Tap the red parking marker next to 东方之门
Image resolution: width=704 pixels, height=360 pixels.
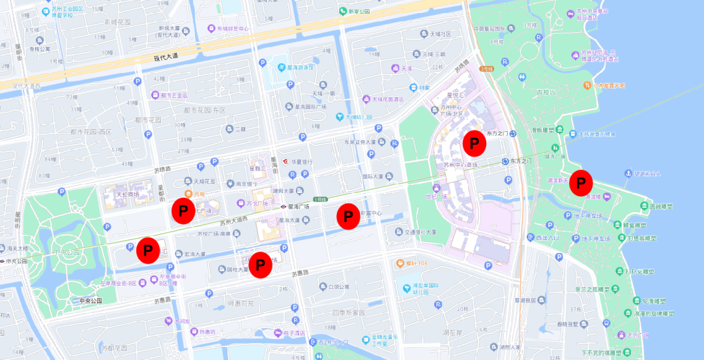pyautogui.click(x=475, y=142)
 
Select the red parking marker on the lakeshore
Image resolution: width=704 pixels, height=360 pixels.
pyautogui.click(x=580, y=183)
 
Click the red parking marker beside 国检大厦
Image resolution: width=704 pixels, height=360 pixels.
pyautogui.click(x=261, y=265)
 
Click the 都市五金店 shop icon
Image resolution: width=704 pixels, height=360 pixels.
pyautogui.click(x=155, y=95)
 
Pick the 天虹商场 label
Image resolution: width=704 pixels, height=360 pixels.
pyautogui.click(x=127, y=194)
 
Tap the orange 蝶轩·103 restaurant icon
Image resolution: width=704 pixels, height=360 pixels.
pyautogui.click(x=399, y=263)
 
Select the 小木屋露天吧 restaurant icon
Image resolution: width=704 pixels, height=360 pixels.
pyautogui.click(x=586, y=85)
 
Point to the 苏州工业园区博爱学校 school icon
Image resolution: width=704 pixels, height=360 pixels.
pyautogui.click(x=46, y=12)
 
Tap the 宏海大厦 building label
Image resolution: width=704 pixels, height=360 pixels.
pyautogui.click(x=194, y=254)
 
